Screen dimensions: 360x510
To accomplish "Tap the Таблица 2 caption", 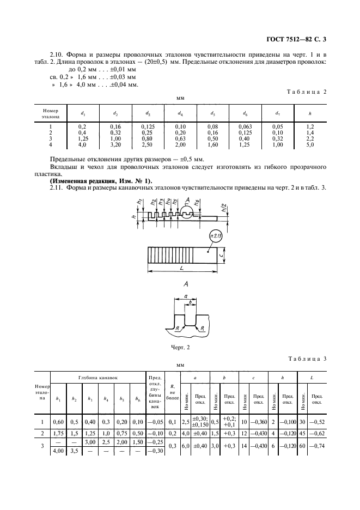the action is coord(307,92).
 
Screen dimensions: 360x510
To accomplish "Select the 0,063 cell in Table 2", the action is coord(245,127).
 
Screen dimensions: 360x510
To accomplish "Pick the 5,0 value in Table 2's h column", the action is coord(310,145).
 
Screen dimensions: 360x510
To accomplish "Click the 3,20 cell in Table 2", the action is coord(115,145).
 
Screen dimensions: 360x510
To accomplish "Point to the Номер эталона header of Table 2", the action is coord(51,113).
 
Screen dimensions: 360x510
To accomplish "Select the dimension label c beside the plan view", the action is coord(221,256).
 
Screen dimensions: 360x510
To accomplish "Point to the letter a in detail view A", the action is coord(186,296).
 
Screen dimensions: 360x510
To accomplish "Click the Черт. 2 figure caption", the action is coord(180,348).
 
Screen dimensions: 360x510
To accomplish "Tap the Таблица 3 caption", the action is coord(307,359).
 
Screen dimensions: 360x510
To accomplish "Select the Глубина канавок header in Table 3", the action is coord(98,378).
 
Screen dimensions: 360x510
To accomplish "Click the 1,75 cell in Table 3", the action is coord(58,434).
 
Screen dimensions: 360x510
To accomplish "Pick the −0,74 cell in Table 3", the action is coord(317,446).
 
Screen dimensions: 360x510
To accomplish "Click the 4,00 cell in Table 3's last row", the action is coord(58,451).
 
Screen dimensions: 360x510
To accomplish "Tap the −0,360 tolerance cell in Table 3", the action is coord(259,422).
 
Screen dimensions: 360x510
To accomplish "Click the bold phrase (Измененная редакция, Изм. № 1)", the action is coord(101,181).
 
